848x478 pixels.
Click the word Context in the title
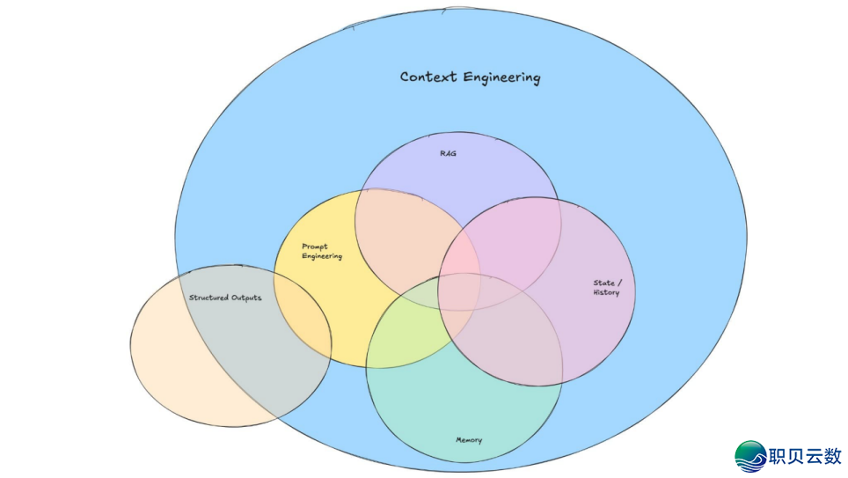(x=428, y=77)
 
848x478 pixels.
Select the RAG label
(x=448, y=153)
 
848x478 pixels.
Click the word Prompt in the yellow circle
(x=315, y=247)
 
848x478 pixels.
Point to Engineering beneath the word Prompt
(x=322, y=256)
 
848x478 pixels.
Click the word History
(x=606, y=293)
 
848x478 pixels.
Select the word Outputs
(x=246, y=298)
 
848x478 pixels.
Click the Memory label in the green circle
(x=469, y=439)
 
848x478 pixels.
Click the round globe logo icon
(x=750, y=456)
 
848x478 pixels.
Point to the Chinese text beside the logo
(x=806, y=456)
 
